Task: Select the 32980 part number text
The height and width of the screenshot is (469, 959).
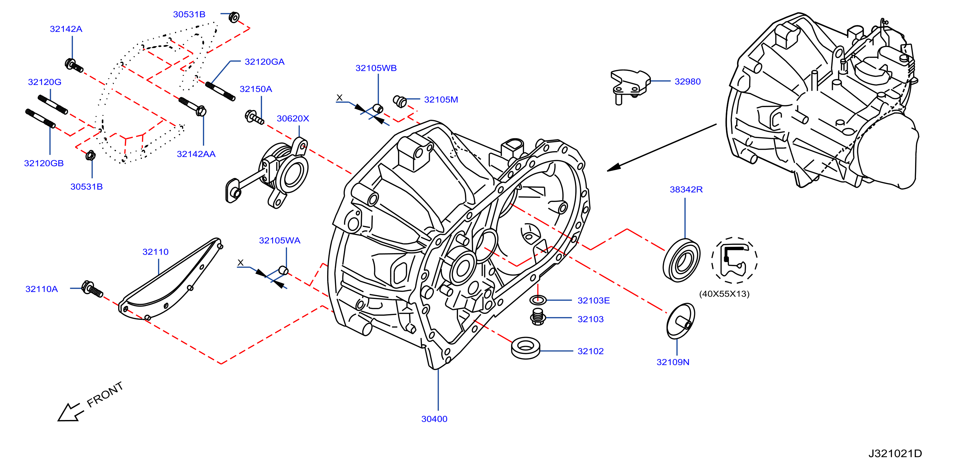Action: click(687, 82)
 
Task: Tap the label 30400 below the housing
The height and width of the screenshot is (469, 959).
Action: click(434, 419)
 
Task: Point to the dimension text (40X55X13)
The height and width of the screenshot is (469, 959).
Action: click(724, 294)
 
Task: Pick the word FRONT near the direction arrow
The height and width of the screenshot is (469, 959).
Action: click(105, 394)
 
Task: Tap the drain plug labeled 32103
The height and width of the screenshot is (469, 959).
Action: click(538, 317)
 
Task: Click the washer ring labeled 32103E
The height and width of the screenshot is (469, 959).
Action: click(538, 300)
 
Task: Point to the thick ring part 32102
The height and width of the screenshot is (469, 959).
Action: click(526, 348)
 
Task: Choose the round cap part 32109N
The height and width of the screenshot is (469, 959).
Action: click(681, 321)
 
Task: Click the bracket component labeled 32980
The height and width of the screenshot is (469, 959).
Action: click(630, 86)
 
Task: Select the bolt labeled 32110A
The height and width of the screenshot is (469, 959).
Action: click(92, 289)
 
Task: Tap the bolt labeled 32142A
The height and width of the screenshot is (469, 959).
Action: click(74, 65)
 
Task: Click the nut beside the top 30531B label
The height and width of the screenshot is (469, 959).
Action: click(234, 17)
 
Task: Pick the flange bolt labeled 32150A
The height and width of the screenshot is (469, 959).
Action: click(254, 117)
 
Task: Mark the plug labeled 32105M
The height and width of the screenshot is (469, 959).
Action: click(400, 101)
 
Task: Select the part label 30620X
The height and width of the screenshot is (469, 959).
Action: click(293, 119)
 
